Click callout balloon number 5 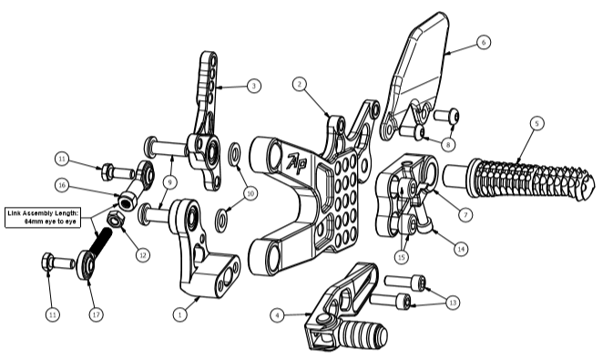pos(536,123)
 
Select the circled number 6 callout pos(484,42)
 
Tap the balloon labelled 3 pos(254,86)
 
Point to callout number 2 pos(300,84)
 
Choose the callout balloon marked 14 pos(461,249)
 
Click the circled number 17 pos(97,314)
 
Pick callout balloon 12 pos(143,255)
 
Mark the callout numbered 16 pos(62,185)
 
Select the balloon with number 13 pos(453,303)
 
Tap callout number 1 pos(179,314)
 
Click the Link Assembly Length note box pos(43,217)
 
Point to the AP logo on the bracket pos(297,163)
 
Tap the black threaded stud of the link pos(101,239)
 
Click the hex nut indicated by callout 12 pos(116,219)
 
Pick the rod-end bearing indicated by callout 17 pos(86,265)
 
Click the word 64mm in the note pos(32,221)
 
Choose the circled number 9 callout pos(170,182)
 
